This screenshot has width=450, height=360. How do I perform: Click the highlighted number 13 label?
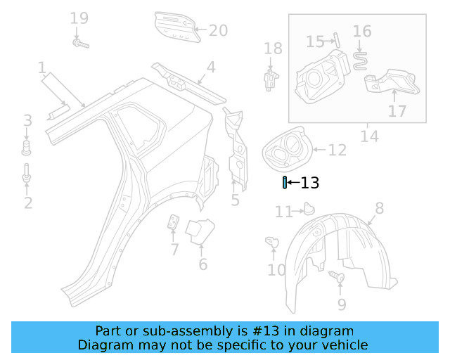coord(310,184)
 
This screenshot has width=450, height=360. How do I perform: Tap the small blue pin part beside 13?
coord(284,184)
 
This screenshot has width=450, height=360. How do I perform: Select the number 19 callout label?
coord(79,18)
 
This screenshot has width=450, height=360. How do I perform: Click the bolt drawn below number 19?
coord(79,44)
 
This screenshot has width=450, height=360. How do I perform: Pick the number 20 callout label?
coord(219,30)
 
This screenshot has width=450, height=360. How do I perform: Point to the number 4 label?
coord(211,68)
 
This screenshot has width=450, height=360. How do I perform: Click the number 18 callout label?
coord(273,49)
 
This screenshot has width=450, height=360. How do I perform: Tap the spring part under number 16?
coord(360,59)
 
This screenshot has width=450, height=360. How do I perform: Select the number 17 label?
coord(397,111)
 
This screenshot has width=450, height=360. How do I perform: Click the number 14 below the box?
coord(369,136)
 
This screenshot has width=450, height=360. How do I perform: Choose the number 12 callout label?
coord(337,150)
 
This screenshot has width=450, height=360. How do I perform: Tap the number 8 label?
coord(379,208)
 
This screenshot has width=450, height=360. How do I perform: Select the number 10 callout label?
coord(277,269)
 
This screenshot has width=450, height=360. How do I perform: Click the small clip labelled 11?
coord(307,208)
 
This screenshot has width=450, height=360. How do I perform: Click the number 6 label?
coord(202,264)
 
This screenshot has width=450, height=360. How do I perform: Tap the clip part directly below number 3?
coord(27,147)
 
